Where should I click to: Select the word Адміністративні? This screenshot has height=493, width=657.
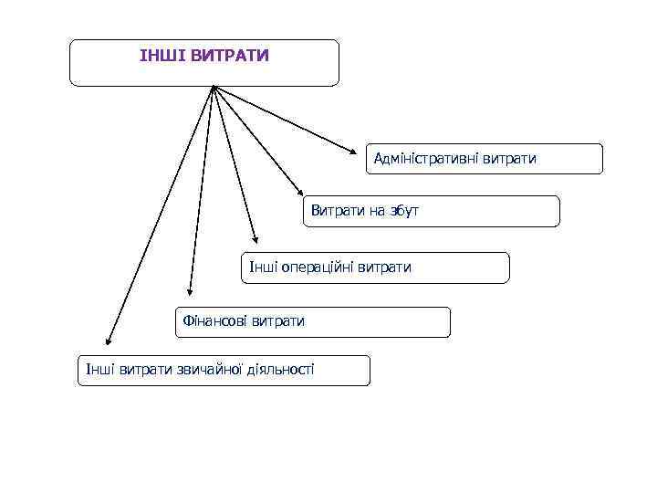click(428, 159)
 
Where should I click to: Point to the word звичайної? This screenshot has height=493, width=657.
click(207, 370)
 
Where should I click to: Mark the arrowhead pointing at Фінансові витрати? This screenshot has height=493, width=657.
click(189, 291)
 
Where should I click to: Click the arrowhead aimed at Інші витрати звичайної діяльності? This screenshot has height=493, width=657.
click(107, 340)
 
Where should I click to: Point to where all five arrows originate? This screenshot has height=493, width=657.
click(213, 87)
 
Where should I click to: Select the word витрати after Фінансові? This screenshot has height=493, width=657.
click(280, 321)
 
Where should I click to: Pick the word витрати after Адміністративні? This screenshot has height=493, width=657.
click(510, 159)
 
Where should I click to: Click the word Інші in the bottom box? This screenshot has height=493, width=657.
click(98, 370)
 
